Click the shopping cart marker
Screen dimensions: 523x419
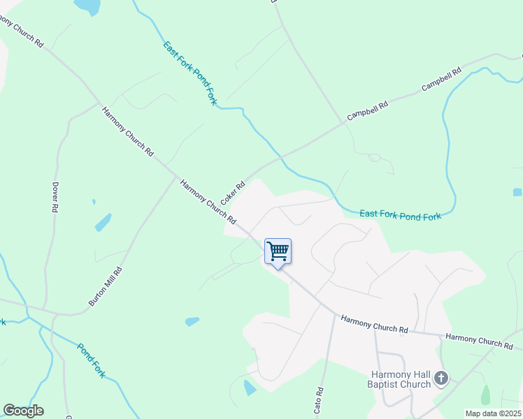278,252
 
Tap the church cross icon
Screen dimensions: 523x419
440,378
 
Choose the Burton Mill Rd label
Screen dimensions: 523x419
106,286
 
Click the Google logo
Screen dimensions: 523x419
23,411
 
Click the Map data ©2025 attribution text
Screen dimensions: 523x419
493,413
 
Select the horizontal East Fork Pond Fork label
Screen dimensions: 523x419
400,216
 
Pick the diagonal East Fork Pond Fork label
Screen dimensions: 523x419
191,73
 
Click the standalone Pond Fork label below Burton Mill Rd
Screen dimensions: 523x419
91,360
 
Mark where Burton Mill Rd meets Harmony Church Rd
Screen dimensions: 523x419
175,177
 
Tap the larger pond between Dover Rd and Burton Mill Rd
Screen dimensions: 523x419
103,222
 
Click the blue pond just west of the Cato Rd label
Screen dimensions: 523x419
250,388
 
